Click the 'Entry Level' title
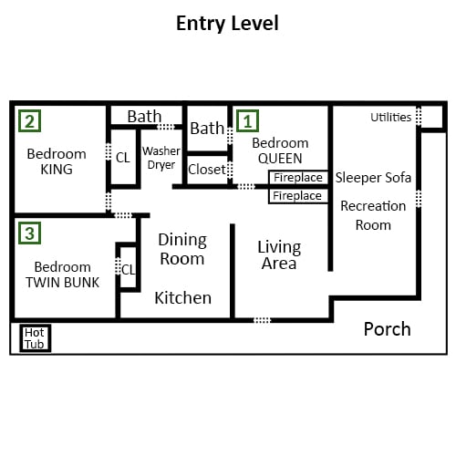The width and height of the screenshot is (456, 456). coord(227,24)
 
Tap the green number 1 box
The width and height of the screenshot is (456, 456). coord(247,120)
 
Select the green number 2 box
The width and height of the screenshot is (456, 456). coord(29,120)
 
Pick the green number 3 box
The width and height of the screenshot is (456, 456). coord(29,233)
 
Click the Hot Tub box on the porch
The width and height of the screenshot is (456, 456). coord(36,338)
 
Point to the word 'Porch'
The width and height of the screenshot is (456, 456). coord(388,329)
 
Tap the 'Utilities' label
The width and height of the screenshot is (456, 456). coord(391,117)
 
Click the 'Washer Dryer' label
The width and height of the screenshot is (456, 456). coord(161,158)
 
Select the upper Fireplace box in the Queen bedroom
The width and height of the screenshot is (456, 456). coord(298,177)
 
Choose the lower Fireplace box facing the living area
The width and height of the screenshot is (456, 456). coord(298,196)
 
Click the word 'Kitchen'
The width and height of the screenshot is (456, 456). coord(183,297)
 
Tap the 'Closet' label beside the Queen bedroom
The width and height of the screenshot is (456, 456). coord(207,170)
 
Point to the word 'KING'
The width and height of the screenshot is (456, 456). coord(57,170)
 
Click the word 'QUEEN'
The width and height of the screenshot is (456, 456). coord(280,159)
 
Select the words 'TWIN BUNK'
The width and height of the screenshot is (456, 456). coord(63,283)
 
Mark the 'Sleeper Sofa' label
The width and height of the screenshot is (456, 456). coord(373,178)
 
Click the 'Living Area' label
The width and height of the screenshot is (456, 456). coord(279,255)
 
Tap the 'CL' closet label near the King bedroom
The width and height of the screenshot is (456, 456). coord(123,158)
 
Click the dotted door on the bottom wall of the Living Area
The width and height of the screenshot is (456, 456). coord(262,320)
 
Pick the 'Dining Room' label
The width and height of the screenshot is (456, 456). coord(182,249)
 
